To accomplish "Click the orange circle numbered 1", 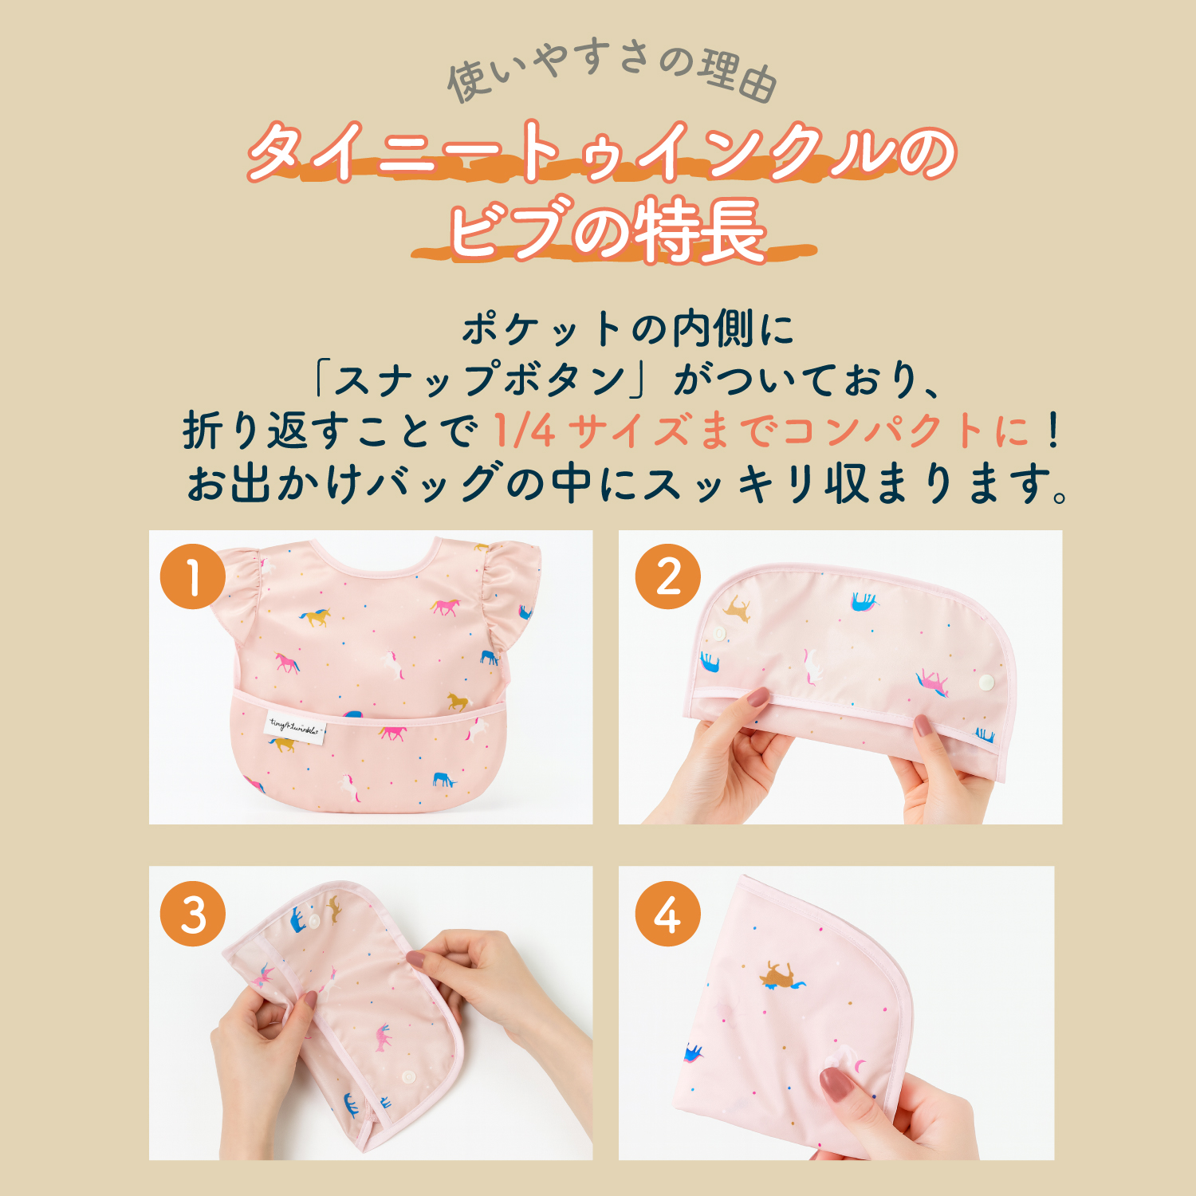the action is coord(193,576).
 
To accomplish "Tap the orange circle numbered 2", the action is coord(668,576).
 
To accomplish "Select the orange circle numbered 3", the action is coord(193,914).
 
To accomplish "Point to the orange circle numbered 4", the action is coord(668,914).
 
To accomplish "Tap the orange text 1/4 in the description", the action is coord(524,431).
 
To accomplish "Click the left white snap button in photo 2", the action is coord(719,635).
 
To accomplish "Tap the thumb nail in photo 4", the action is coord(836,1085).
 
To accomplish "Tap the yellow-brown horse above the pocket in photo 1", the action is coord(458,702).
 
